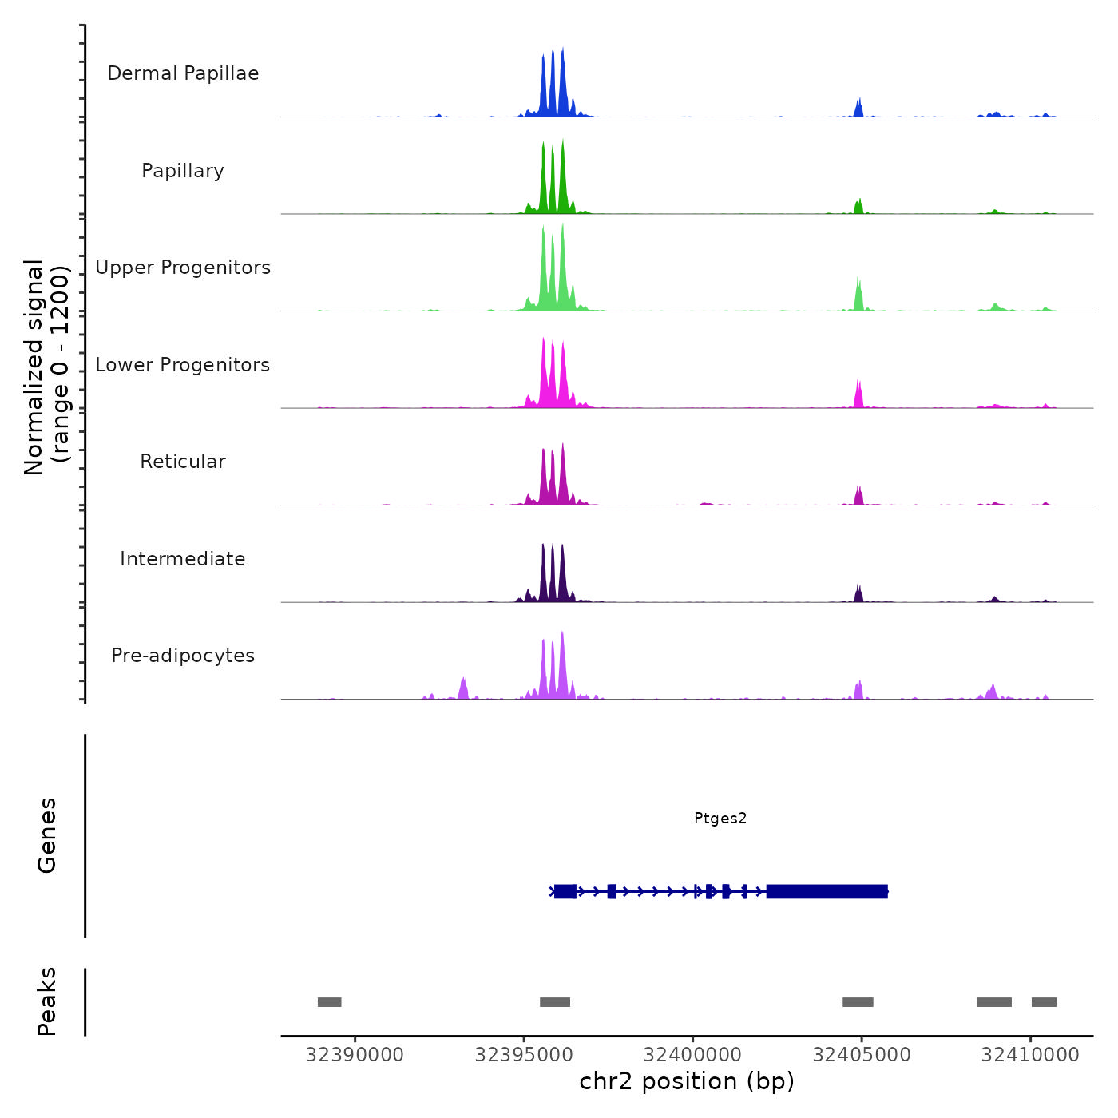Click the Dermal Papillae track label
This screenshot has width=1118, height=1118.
coord(183,73)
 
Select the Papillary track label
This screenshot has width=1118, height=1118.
coord(183,171)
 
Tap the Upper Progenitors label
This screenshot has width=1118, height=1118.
coord(183,268)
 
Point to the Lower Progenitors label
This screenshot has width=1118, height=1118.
coord(183,365)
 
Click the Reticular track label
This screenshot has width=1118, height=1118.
coord(183,462)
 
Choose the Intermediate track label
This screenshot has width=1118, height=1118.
coord(183,559)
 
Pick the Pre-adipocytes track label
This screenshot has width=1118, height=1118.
coord(183,656)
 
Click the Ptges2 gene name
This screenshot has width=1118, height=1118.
coord(720,818)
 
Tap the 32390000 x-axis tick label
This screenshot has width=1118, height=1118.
coord(355,1055)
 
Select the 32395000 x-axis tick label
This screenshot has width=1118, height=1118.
coord(524,1055)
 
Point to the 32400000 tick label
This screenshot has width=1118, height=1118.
coord(692,1055)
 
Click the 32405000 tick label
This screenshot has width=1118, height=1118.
coord(862,1055)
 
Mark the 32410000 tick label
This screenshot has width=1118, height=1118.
coord(1030,1055)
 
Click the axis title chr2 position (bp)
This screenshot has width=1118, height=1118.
coord(687,1081)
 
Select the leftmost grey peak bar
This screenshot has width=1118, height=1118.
coord(329,1002)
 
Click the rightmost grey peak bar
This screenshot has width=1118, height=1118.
coord(1044,1002)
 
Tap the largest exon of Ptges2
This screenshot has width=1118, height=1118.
coord(827,891)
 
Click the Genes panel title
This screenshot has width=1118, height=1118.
coord(47,835)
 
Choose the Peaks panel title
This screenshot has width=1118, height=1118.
coord(47,1001)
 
